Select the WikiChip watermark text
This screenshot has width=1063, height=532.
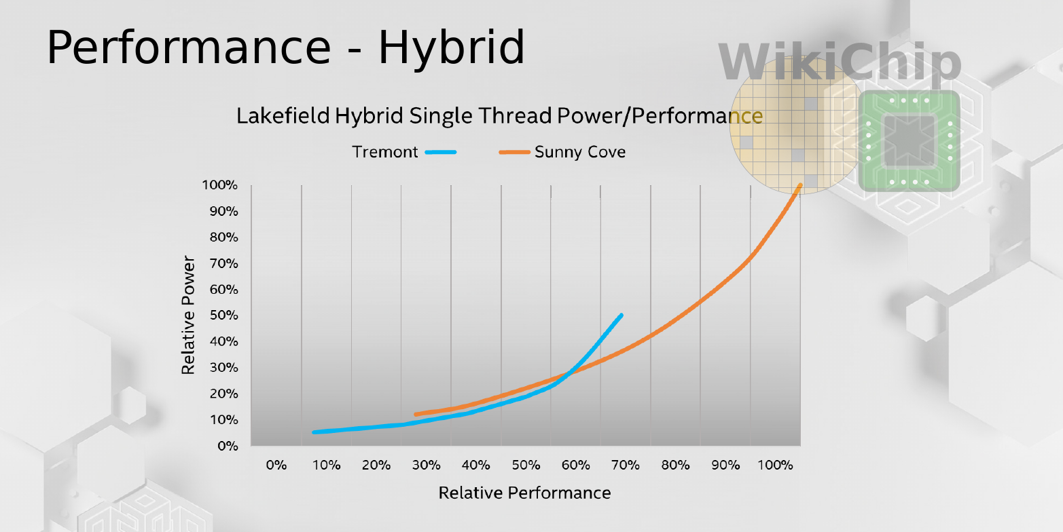click(x=840, y=62)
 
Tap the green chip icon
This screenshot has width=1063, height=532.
click(x=909, y=141)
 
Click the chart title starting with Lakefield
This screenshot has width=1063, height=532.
click(x=499, y=115)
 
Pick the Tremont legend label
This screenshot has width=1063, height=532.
click(x=385, y=152)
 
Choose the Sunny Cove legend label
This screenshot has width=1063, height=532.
click(x=580, y=152)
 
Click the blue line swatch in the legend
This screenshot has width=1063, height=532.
click(x=441, y=152)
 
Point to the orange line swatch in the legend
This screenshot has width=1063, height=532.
click(x=514, y=152)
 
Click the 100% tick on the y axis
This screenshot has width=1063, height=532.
click(x=219, y=185)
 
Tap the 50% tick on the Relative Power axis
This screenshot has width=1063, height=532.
click(x=223, y=316)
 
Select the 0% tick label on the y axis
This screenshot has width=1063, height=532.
click(x=228, y=446)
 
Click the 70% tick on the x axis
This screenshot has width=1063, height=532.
click(x=626, y=465)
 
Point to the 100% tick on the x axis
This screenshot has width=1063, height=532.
click(x=775, y=465)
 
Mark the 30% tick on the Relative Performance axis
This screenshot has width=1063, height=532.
click(x=426, y=465)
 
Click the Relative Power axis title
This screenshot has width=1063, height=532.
click(x=188, y=316)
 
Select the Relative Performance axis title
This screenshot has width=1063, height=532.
click(x=524, y=493)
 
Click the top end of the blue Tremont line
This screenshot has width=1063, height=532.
click(x=621, y=315)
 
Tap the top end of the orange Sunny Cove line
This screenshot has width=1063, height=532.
click(x=801, y=185)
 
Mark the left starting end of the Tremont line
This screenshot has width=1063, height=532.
click(x=314, y=432)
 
